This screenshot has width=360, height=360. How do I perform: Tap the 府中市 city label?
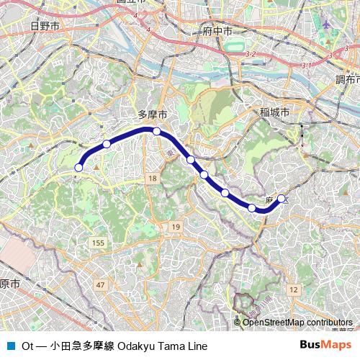tap(217, 32)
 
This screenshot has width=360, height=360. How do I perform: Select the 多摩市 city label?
tap(153, 115)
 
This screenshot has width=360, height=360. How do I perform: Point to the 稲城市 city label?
tap(275, 112)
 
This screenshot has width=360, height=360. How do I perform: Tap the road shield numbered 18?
tap(151, 177)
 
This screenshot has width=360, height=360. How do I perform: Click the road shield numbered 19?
tap(175, 228)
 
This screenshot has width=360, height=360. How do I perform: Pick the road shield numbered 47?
tap(99, 286)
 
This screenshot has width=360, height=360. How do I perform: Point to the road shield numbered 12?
tap(292, 289)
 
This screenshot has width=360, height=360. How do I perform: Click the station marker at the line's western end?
tap(78, 168)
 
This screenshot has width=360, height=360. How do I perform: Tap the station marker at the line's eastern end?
tap(281, 199)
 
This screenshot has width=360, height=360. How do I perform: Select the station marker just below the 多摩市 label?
tap(156, 131)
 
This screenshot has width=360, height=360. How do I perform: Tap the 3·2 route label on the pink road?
tap(251, 55)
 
